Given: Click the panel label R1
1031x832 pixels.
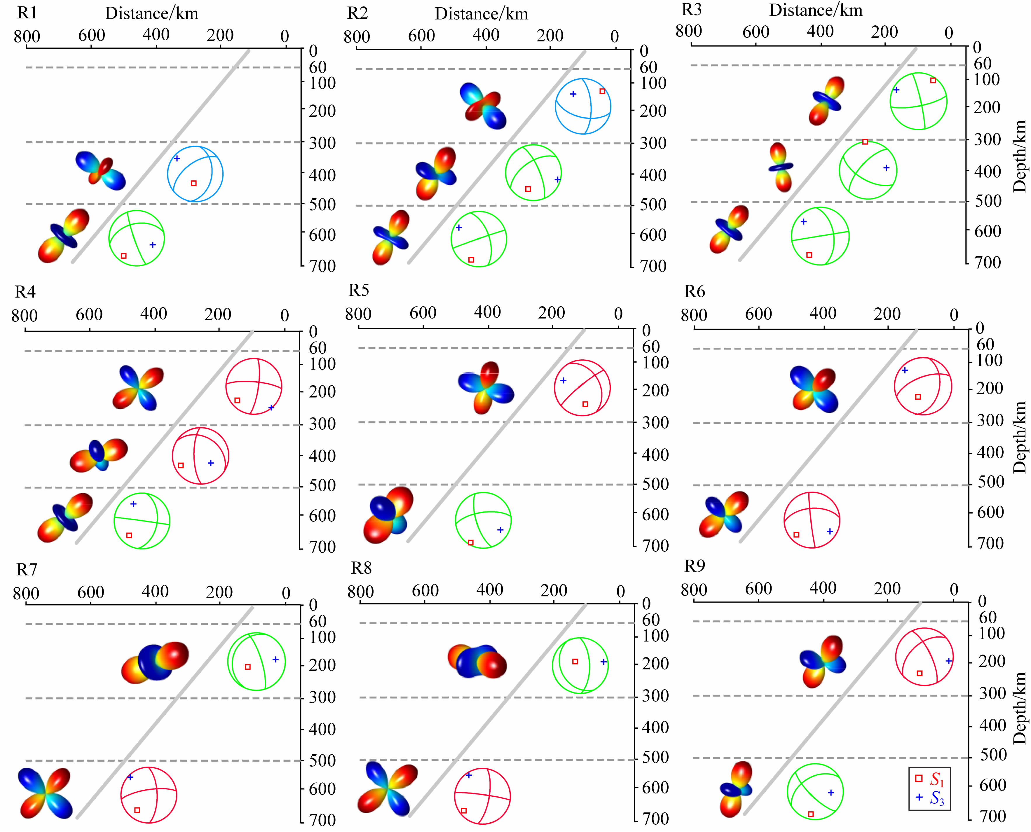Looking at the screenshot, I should click(27, 13).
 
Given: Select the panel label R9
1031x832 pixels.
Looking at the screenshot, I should click(695, 566).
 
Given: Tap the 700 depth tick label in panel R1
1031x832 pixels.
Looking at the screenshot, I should click(322, 266).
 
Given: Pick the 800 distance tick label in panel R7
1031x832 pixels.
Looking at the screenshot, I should click(26, 593).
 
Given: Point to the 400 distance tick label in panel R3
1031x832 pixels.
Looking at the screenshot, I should click(820, 32).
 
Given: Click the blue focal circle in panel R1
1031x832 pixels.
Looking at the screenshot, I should click(195, 173).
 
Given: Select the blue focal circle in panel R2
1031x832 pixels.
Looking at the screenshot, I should click(583, 106).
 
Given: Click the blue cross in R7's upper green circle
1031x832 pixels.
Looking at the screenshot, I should click(275, 659).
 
